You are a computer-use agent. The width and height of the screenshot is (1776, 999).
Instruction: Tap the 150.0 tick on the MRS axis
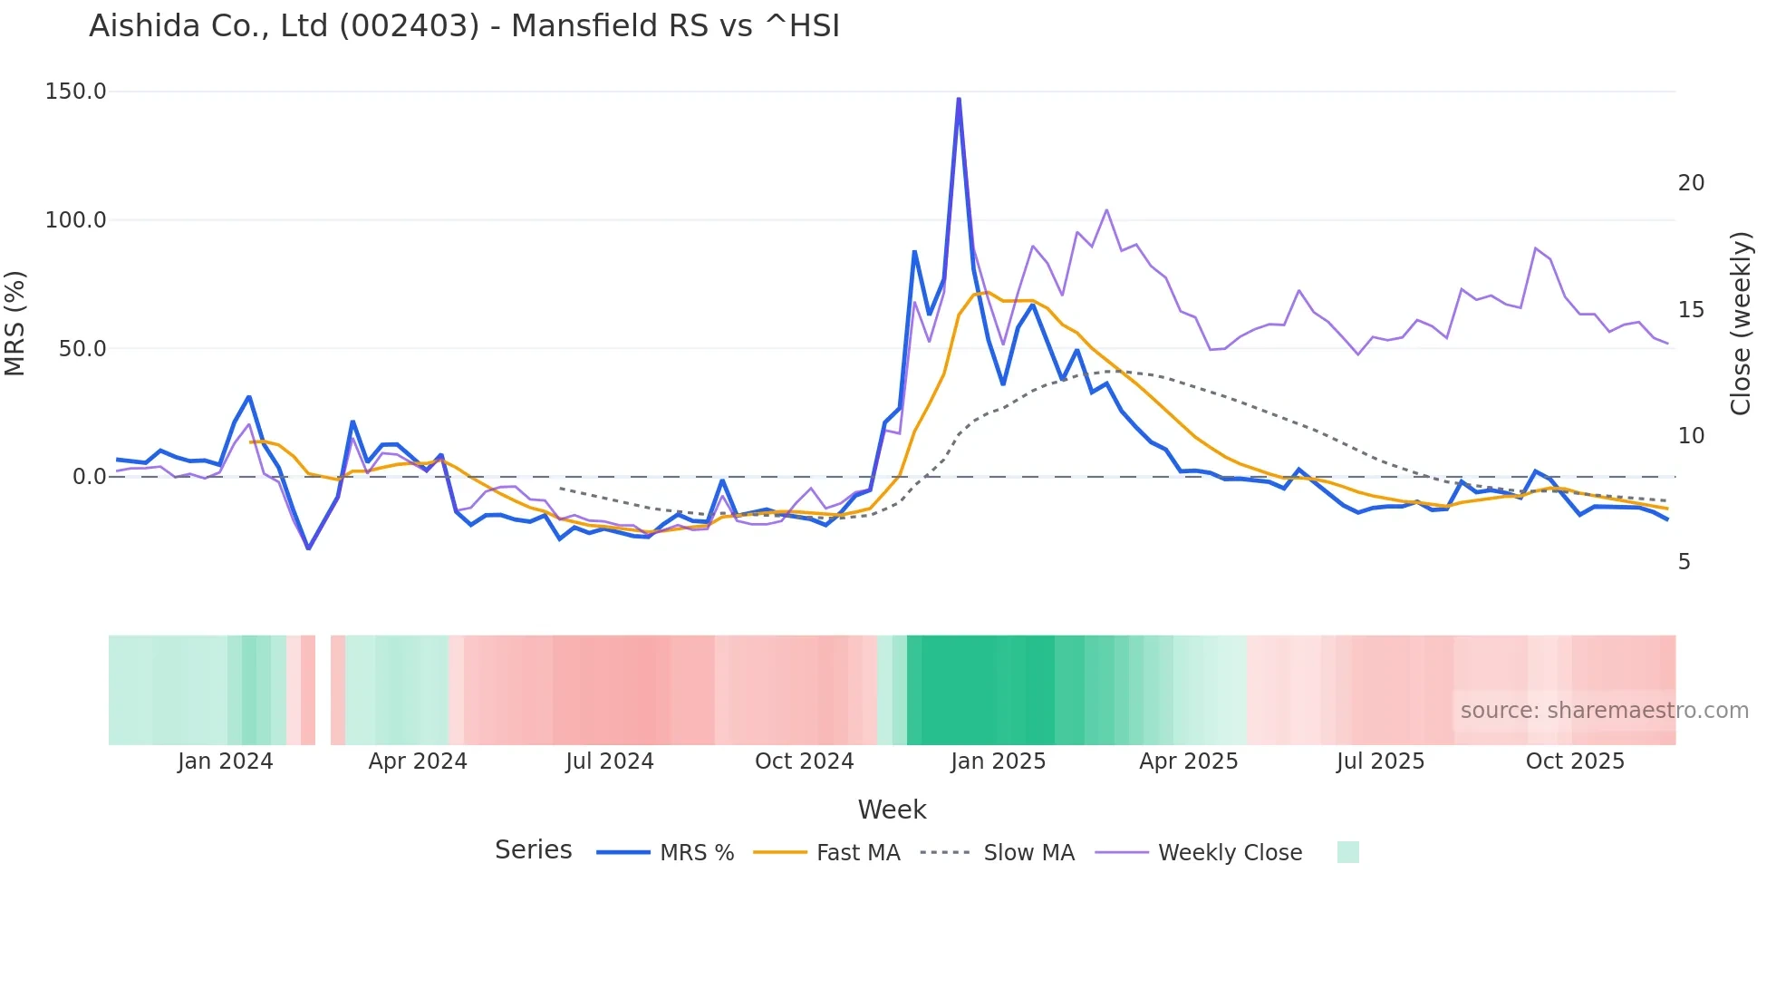[76, 92]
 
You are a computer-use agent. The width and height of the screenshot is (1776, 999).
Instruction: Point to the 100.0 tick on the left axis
[76, 220]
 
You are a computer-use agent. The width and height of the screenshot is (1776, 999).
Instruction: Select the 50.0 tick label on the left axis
[82, 349]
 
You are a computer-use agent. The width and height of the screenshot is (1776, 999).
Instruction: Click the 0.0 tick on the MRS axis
[89, 477]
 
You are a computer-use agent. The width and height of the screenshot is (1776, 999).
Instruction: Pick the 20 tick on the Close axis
[1691, 183]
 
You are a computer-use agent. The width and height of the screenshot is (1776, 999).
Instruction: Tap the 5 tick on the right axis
[1684, 562]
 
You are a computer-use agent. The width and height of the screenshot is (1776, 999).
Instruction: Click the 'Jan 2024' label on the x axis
[225, 761]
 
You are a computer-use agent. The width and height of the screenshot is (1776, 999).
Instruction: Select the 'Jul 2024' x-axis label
[610, 761]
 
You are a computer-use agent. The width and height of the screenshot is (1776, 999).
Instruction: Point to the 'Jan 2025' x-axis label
[998, 761]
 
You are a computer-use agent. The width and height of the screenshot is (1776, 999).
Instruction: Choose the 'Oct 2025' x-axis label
[1575, 761]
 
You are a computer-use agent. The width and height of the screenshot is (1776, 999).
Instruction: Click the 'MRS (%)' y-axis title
[14, 323]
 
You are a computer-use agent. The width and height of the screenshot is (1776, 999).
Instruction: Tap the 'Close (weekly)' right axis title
[1741, 323]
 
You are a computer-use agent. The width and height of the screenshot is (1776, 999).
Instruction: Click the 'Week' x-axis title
[892, 810]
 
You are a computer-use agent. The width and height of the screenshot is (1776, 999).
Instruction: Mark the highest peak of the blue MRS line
[959, 99]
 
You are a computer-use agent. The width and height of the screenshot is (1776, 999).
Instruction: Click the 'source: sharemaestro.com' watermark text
[1604, 711]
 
